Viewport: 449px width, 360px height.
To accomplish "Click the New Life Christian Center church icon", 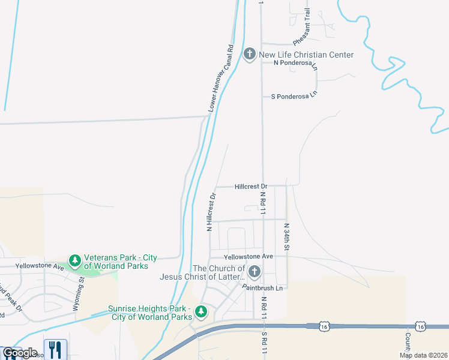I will pyautogui.click(x=250, y=55).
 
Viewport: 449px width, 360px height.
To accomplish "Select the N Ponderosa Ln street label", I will pyautogui.click(x=295, y=62).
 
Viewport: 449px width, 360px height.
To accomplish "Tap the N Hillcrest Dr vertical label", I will pyautogui.click(x=210, y=212).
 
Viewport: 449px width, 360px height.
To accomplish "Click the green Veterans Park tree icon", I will pyautogui.click(x=75, y=261).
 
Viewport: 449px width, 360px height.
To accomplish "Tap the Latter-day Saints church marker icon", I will pyautogui.click(x=254, y=273).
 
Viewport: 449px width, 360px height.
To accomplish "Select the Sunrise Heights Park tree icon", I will pyautogui.click(x=201, y=312).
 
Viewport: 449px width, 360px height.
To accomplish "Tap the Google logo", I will pyautogui.click(x=20, y=353).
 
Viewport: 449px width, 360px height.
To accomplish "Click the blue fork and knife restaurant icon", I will pyautogui.click(x=55, y=349).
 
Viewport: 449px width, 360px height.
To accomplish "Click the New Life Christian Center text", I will pyautogui.click(x=306, y=55).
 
